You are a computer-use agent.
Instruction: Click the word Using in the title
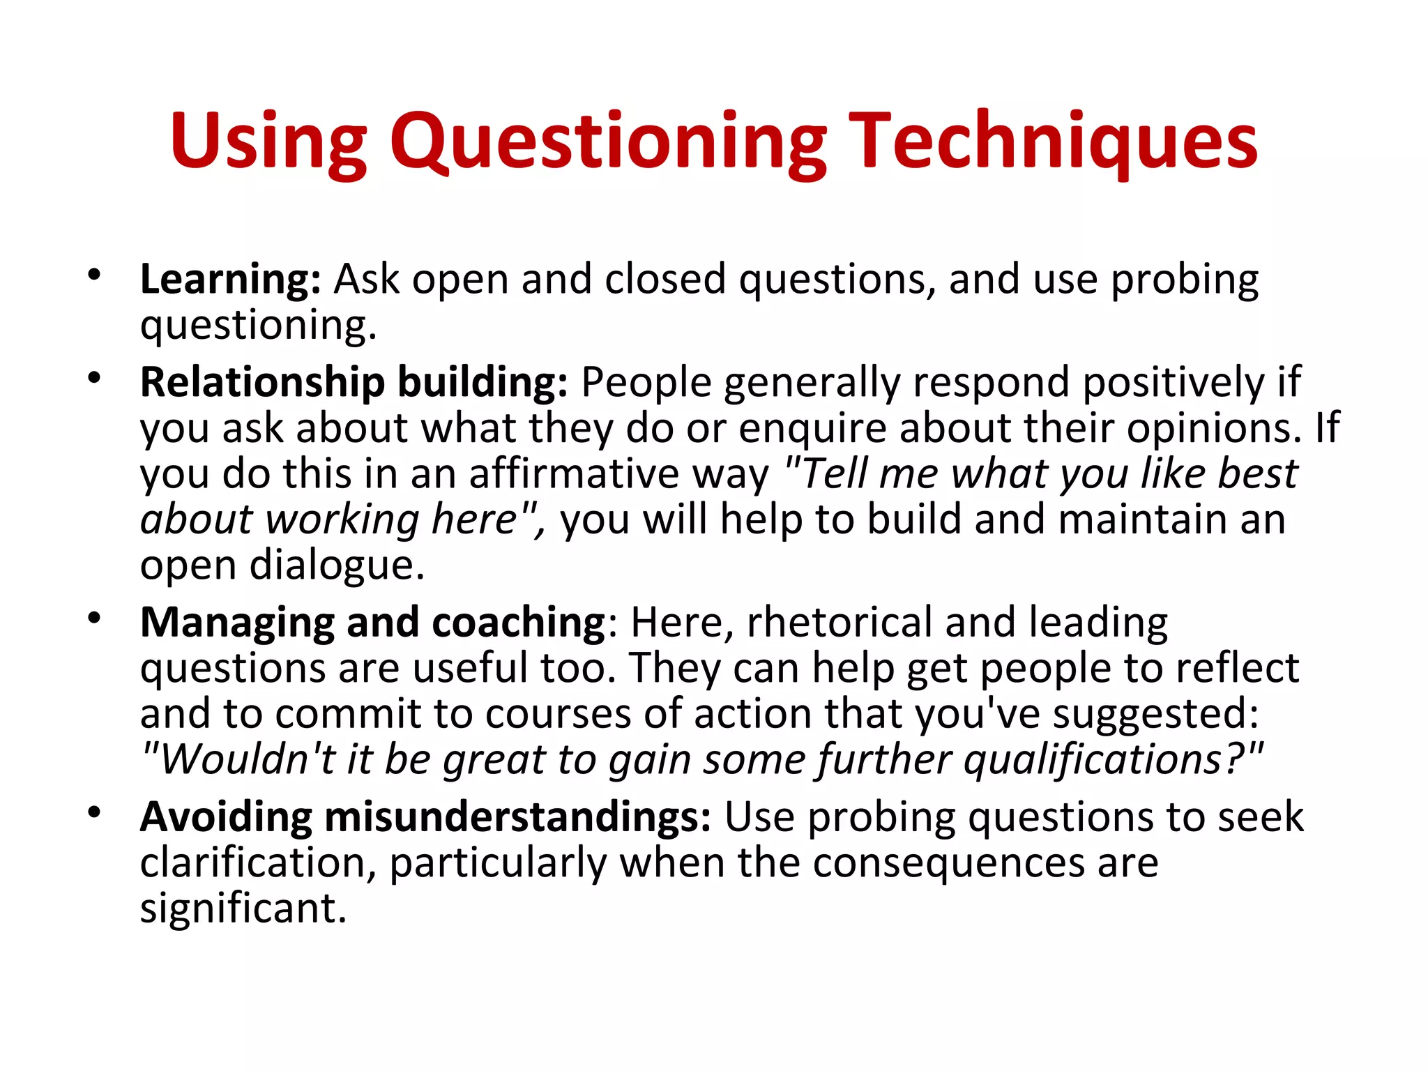[268, 142]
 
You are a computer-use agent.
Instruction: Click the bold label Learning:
[230, 280]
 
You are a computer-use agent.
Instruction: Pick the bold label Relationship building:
[354, 383]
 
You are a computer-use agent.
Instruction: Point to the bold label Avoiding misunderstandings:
[425, 817]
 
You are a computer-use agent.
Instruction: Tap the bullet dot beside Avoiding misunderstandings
[95, 812]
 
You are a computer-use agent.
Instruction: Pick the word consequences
[948, 863]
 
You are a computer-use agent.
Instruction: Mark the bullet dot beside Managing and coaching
[95, 618]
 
